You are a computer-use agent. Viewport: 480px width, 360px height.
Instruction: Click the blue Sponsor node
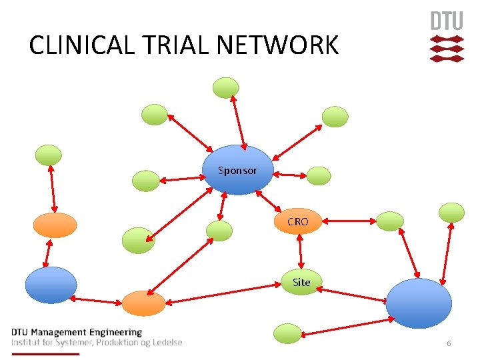pos(238,170)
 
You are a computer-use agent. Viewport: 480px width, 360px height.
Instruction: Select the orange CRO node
pos(298,221)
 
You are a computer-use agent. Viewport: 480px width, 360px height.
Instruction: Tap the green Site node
pos(301,282)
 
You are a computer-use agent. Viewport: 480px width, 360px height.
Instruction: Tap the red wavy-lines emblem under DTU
pos(446,49)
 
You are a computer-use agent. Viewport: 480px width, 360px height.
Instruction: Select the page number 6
pos(449,343)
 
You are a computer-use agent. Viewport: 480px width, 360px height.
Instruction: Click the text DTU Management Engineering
pos(77,332)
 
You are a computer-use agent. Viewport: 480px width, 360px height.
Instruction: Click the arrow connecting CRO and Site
pos(301,251)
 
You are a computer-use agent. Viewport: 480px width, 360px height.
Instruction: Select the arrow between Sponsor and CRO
pos(269,202)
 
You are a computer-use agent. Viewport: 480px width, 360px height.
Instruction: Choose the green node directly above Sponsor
pos(225,87)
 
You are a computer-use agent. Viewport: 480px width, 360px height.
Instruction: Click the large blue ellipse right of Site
pos(419,303)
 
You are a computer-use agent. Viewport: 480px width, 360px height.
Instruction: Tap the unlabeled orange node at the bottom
pos(143,303)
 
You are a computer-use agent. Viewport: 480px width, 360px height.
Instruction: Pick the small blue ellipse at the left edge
pos(51,285)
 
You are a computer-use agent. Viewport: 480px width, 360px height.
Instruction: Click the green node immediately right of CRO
pos(390,221)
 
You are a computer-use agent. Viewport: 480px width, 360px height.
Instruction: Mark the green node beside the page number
pos(288,333)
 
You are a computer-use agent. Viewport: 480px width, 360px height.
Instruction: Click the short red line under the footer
pos(45,353)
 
